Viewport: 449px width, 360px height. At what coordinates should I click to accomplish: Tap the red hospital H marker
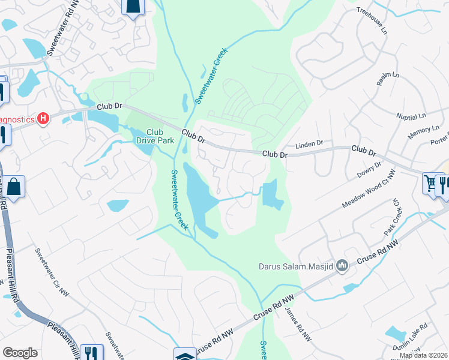tap(43, 119)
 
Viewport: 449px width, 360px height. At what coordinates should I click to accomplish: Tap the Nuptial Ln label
tap(411, 114)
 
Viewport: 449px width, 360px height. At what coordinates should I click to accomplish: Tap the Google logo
tap(20, 353)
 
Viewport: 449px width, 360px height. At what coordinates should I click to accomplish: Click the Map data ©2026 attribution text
tap(423, 355)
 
